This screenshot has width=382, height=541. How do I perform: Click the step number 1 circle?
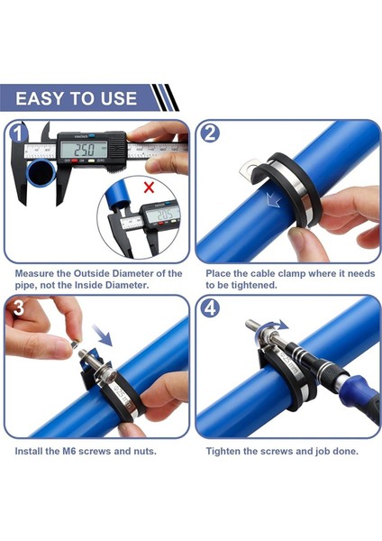pos(18,133)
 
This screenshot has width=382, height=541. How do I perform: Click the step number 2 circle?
pos(209,133)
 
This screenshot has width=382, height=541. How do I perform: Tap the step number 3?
pos(19,307)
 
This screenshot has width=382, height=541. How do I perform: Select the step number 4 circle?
pos(210,308)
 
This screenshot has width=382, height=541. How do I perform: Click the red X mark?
pos(149,188)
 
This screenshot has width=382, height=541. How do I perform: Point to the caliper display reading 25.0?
pos(86,150)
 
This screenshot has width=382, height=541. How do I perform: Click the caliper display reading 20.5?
pos(163,215)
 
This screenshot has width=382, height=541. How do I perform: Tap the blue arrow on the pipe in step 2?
pos(273,199)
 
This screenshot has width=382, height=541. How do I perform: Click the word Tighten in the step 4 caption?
pos(223,451)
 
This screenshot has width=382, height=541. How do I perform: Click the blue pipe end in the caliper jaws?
pos(41,173)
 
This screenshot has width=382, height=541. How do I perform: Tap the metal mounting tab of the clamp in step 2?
pos(248,170)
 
